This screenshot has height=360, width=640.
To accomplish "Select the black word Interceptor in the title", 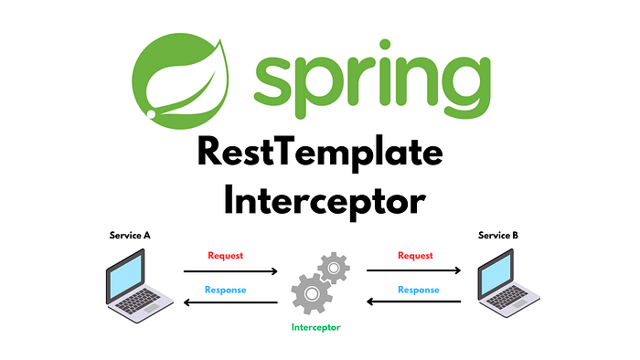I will [319, 197].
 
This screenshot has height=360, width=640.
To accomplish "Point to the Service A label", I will [130, 236].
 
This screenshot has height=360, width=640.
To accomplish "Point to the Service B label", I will [498, 236].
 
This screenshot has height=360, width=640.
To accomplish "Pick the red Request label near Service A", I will [226, 256].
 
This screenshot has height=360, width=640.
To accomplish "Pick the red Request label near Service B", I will [415, 256].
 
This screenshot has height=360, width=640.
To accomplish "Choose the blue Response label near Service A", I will [227, 291].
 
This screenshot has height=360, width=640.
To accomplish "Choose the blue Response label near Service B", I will [417, 291].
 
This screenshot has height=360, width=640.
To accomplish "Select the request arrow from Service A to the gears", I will [229, 271].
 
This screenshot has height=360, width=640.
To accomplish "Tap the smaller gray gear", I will [334, 269].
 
